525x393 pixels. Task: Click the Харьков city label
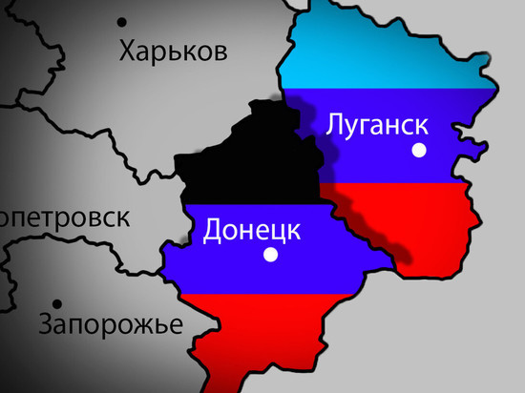[174, 50]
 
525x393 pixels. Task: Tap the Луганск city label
[375, 124]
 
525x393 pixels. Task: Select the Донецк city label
[253, 230]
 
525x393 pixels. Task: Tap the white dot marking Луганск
[417, 150]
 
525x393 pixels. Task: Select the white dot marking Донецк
[270, 255]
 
